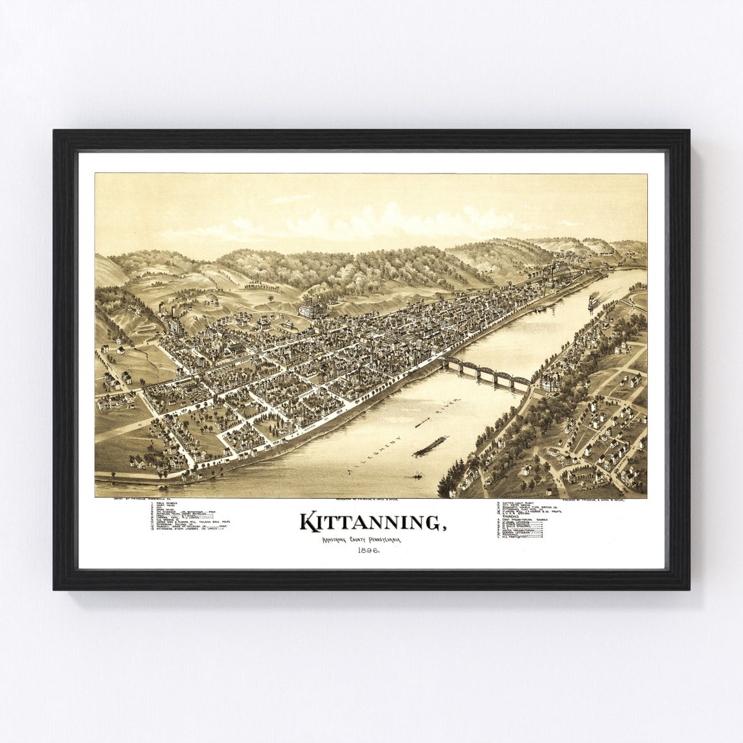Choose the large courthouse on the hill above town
click(x=315, y=306)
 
